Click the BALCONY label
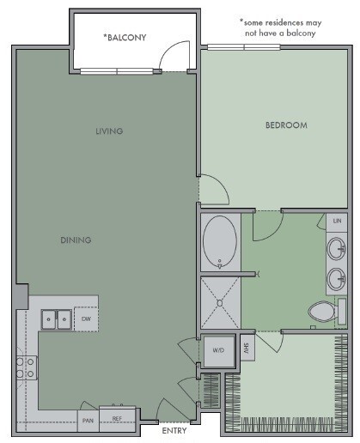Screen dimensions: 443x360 (125, 37)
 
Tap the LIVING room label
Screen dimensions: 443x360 (109, 131)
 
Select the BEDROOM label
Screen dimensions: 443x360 (286, 125)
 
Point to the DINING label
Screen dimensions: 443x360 (76, 240)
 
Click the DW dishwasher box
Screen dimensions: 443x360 (86, 319)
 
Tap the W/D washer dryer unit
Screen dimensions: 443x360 (219, 349)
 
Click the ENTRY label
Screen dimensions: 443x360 (174, 430)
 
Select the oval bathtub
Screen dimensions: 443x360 (221, 242)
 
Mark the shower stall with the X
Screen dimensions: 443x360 (221, 302)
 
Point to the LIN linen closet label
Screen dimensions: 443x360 (336, 221)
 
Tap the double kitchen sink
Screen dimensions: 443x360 (57, 319)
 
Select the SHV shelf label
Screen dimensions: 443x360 (246, 349)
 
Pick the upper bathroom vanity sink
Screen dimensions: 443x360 (336, 250)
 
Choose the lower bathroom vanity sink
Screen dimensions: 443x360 (336, 278)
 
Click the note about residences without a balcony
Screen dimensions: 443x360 (278, 27)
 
